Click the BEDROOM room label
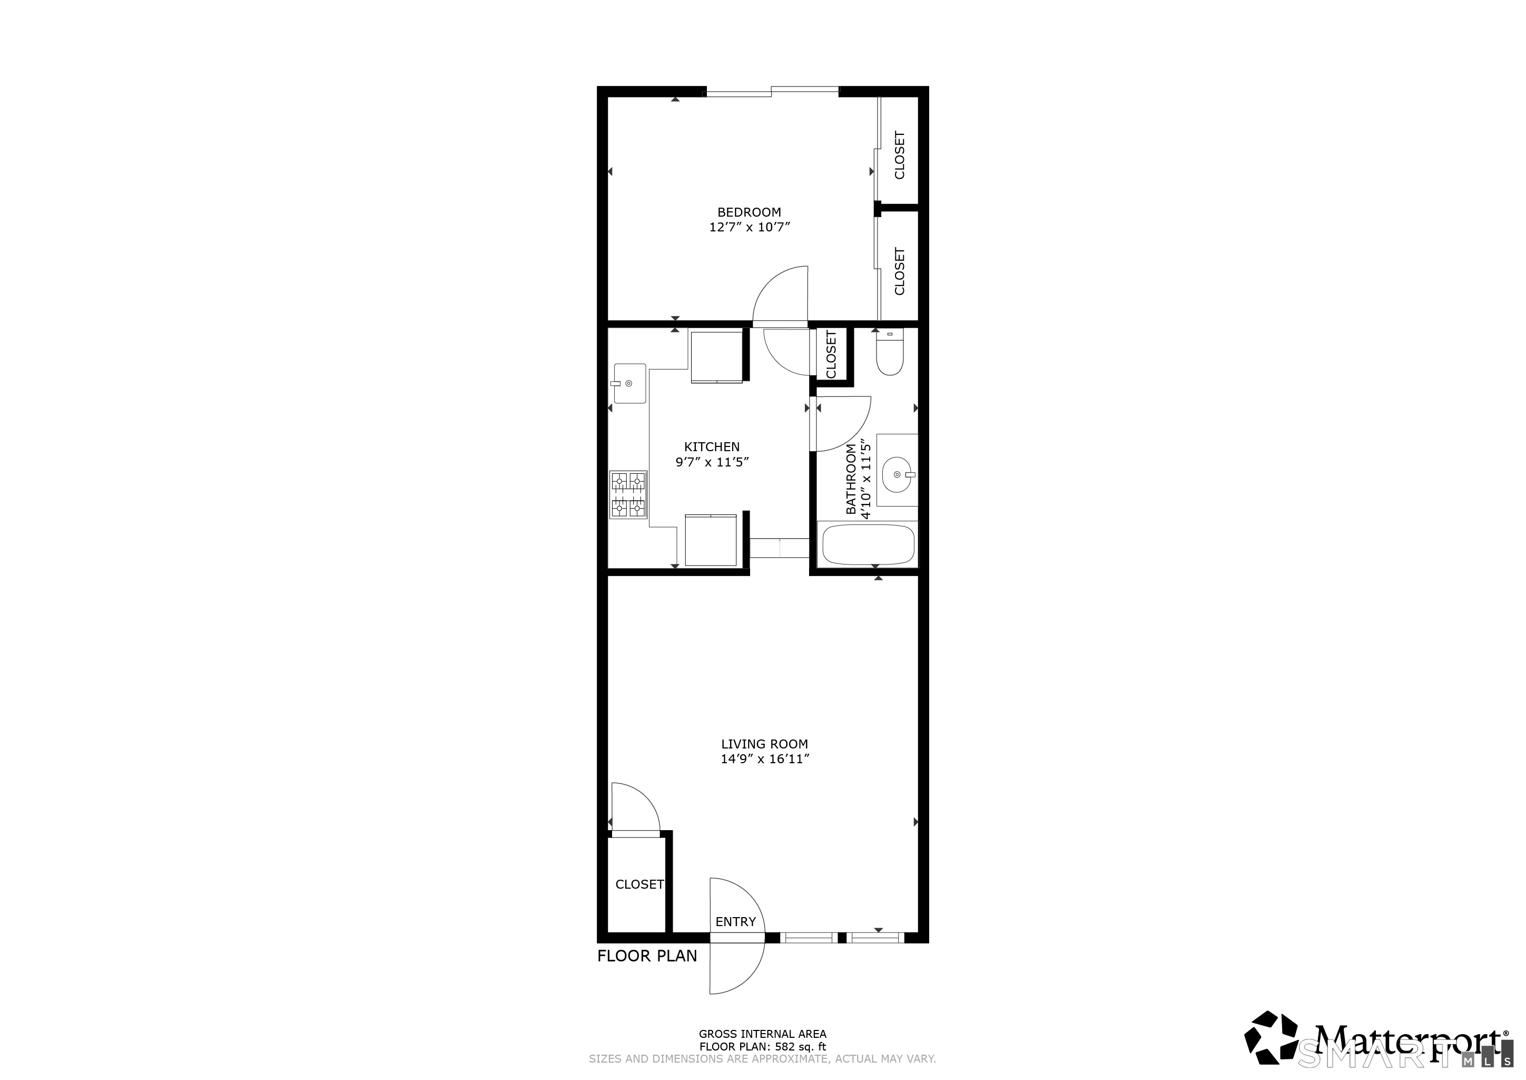coord(749,212)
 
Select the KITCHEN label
coord(712,447)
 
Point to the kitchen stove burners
coord(628,494)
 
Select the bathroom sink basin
coord(897,475)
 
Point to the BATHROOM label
coord(851,479)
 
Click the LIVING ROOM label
coord(764,744)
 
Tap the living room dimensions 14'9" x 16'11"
coord(764,760)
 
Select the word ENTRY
coord(735,922)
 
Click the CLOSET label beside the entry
coord(639,884)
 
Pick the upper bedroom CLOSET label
coord(900,155)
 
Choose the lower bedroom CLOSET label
coord(900,271)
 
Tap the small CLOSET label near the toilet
coord(831,354)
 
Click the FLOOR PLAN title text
coord(647,956)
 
